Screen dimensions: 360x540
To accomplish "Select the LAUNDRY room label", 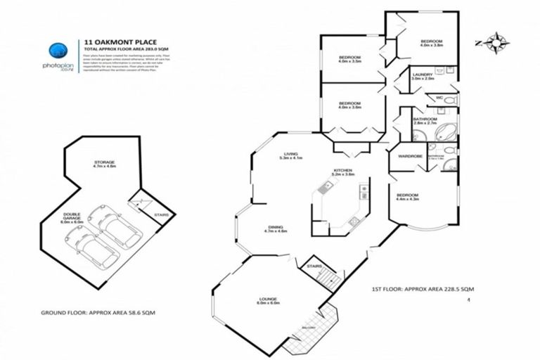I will [x=423, y=75].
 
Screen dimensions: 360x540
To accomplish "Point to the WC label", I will [x=439, y=98].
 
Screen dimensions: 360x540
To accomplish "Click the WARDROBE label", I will [x=409, y=155].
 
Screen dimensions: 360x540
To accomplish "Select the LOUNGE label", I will [x=266, y=300].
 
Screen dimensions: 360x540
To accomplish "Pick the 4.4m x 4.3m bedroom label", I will [x=407, y=198].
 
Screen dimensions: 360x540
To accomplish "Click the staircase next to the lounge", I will [x=328, y=278].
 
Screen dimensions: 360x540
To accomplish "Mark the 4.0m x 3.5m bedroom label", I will [x=349, y=60].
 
